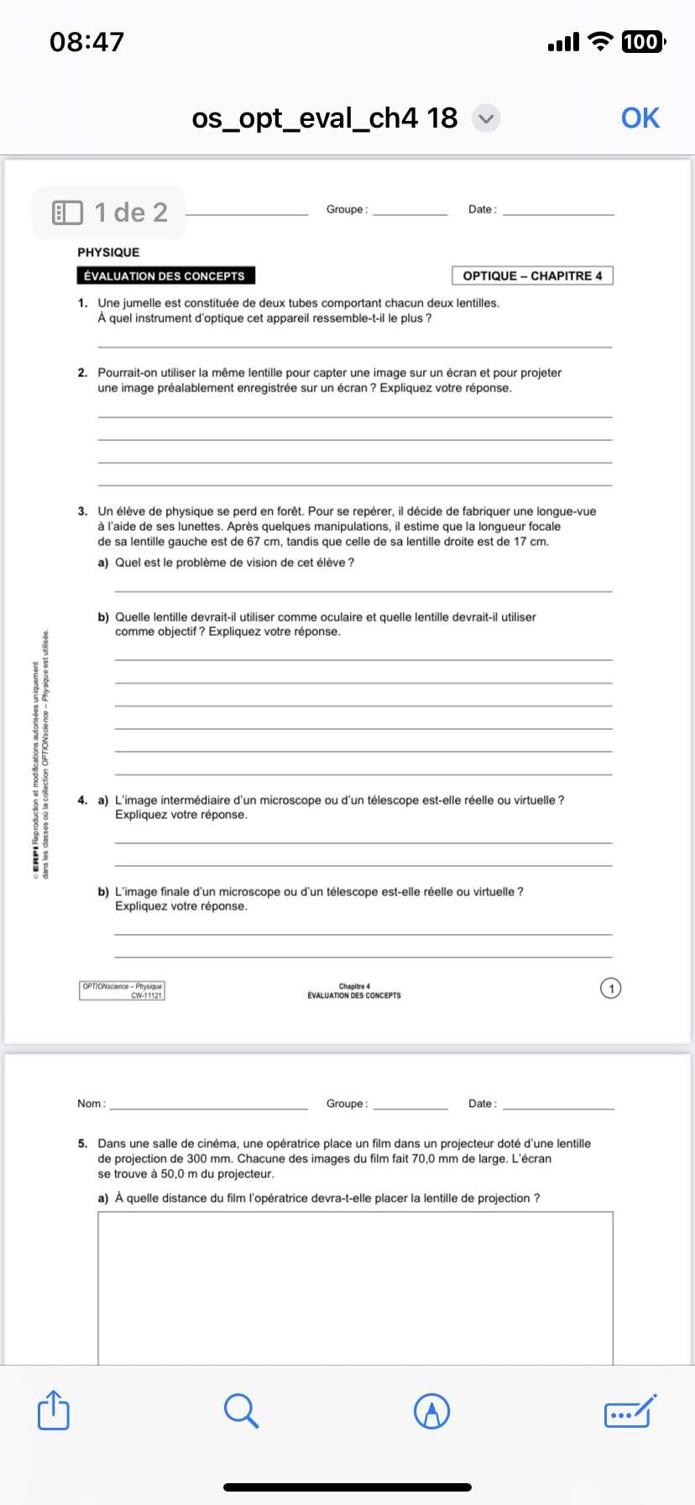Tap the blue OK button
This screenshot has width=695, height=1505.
point(640,118)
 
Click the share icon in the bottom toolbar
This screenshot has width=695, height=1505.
point(54,1410)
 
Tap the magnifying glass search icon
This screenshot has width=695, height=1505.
point(241,1410)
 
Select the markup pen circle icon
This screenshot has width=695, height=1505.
point(432,1411)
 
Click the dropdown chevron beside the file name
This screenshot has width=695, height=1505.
point(486,118)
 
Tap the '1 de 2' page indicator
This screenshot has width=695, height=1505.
point(109,212)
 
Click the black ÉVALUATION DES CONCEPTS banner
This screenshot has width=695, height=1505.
point(165,275)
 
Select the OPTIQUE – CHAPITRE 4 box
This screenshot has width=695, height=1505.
point(532,275)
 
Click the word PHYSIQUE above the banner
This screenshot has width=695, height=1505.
point(108,252)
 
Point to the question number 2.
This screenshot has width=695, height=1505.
point(82,373)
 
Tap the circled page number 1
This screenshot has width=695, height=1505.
point(611,988)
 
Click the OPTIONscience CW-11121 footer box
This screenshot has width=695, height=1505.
point(123,990)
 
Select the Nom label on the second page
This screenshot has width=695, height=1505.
point(91,1104)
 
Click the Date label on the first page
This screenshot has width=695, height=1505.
point(482,209)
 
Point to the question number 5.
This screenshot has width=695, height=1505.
point(82,1144)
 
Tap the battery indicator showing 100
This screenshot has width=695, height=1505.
point(642,41)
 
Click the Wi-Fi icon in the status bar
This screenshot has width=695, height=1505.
point(600,41)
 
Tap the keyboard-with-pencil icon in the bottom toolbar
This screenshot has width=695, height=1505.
point(630,1410)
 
